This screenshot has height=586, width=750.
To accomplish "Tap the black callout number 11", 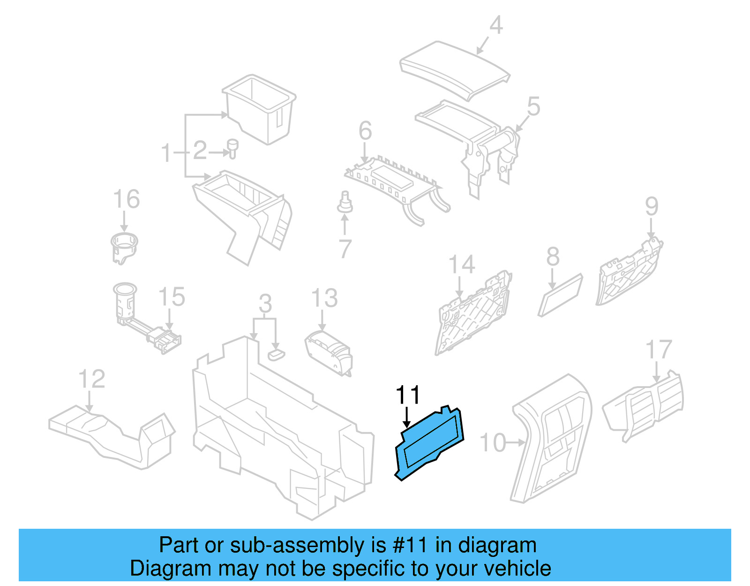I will (x=408, y=396).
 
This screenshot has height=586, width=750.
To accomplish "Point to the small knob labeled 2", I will (x=232, y=147).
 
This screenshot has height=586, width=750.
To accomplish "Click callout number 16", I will (x=127, y=199).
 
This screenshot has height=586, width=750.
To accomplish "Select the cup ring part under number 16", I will (x=124, y=247).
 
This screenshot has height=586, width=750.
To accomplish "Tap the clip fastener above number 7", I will (x=345, y=202).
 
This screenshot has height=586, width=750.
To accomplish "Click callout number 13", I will (x=324, y=298).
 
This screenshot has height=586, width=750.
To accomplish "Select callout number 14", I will (x=462, y=265).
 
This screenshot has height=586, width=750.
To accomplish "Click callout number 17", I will (x=659, y=350).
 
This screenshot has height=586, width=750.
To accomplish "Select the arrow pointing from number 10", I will (x=516, y=442).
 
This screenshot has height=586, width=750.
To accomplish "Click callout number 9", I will (x=652, y=206).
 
